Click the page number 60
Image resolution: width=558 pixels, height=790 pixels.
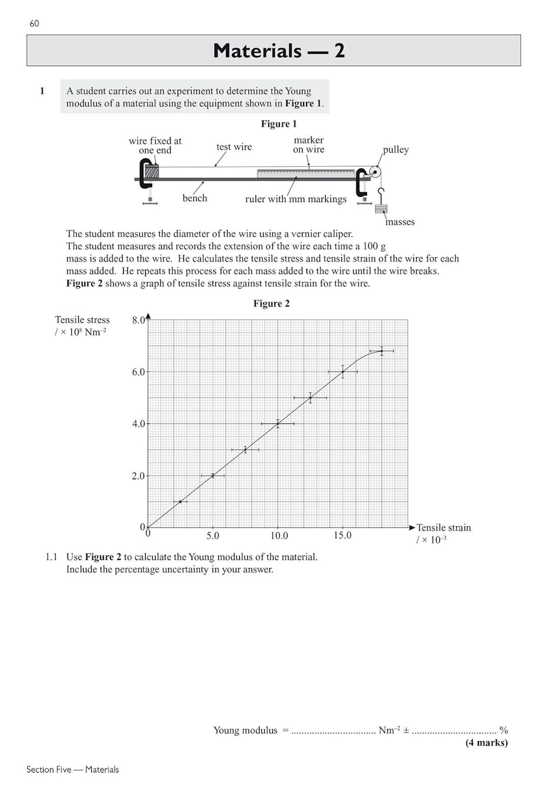point(34,23)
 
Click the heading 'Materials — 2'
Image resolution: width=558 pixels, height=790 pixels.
point(279,51)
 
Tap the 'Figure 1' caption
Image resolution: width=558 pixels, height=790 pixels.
point(279,124)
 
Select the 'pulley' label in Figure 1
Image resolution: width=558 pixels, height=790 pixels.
point(395,149)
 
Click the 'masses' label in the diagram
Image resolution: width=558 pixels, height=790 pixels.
point(399,222)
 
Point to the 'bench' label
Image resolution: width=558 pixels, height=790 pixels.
point(195,198)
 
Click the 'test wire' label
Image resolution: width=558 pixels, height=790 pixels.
point(234,147)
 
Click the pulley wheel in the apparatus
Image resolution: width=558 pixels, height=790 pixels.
point(375,173)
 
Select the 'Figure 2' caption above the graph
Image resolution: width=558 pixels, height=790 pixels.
point(271,303)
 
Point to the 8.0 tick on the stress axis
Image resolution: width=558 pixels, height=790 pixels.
point(138,320)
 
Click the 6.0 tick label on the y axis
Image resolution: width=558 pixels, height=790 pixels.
point(138,372)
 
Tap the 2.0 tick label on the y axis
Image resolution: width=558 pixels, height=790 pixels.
point(138,476)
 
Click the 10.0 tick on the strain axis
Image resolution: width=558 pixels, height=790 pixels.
point(279,536)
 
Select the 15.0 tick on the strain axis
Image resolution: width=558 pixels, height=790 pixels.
point(342,536)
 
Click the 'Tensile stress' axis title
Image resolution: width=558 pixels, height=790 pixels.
point(82,320)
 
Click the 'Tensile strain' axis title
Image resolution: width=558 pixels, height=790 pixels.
point(443,527)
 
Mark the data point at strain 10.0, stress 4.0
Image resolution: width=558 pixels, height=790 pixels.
point(278,423)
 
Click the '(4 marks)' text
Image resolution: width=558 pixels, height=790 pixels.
point(486,742)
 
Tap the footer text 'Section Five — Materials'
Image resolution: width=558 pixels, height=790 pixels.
point(73,769)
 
